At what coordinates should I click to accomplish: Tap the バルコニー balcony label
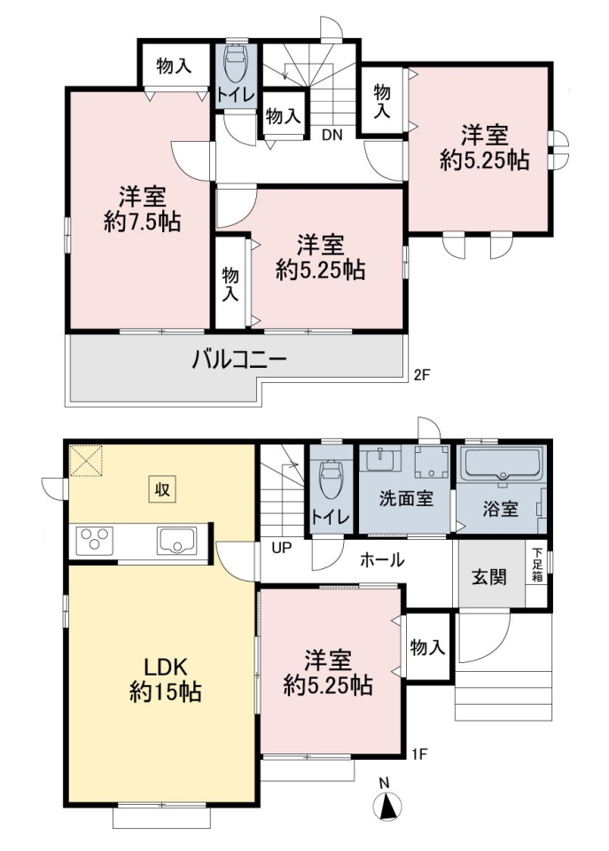[x=238, y=361]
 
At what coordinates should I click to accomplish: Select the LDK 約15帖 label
[x=165, y=679]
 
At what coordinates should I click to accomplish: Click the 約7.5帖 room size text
[x=142, y=222]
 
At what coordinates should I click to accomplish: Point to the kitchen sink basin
[x=177, y=540]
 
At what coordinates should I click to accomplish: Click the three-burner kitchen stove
[x=95, y=540]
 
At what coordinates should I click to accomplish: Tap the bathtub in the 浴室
[x=502, y=464]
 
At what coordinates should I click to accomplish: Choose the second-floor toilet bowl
[x=236, y=62]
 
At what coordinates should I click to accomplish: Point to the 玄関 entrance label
[x=489, y=577]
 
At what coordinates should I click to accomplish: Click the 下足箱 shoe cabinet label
[x=537, y=564]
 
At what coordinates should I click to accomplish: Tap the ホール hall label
[x=382, y=559]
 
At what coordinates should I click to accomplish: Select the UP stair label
[x=282, y=548]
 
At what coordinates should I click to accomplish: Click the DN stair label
[x=332, y=135]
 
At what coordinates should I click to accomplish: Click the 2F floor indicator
[x=421, y=374]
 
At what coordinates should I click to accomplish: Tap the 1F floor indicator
[x=419, y=753]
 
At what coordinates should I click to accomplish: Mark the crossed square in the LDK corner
[x=86, y=461]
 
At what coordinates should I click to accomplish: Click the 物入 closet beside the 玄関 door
[x=428, y=647]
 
